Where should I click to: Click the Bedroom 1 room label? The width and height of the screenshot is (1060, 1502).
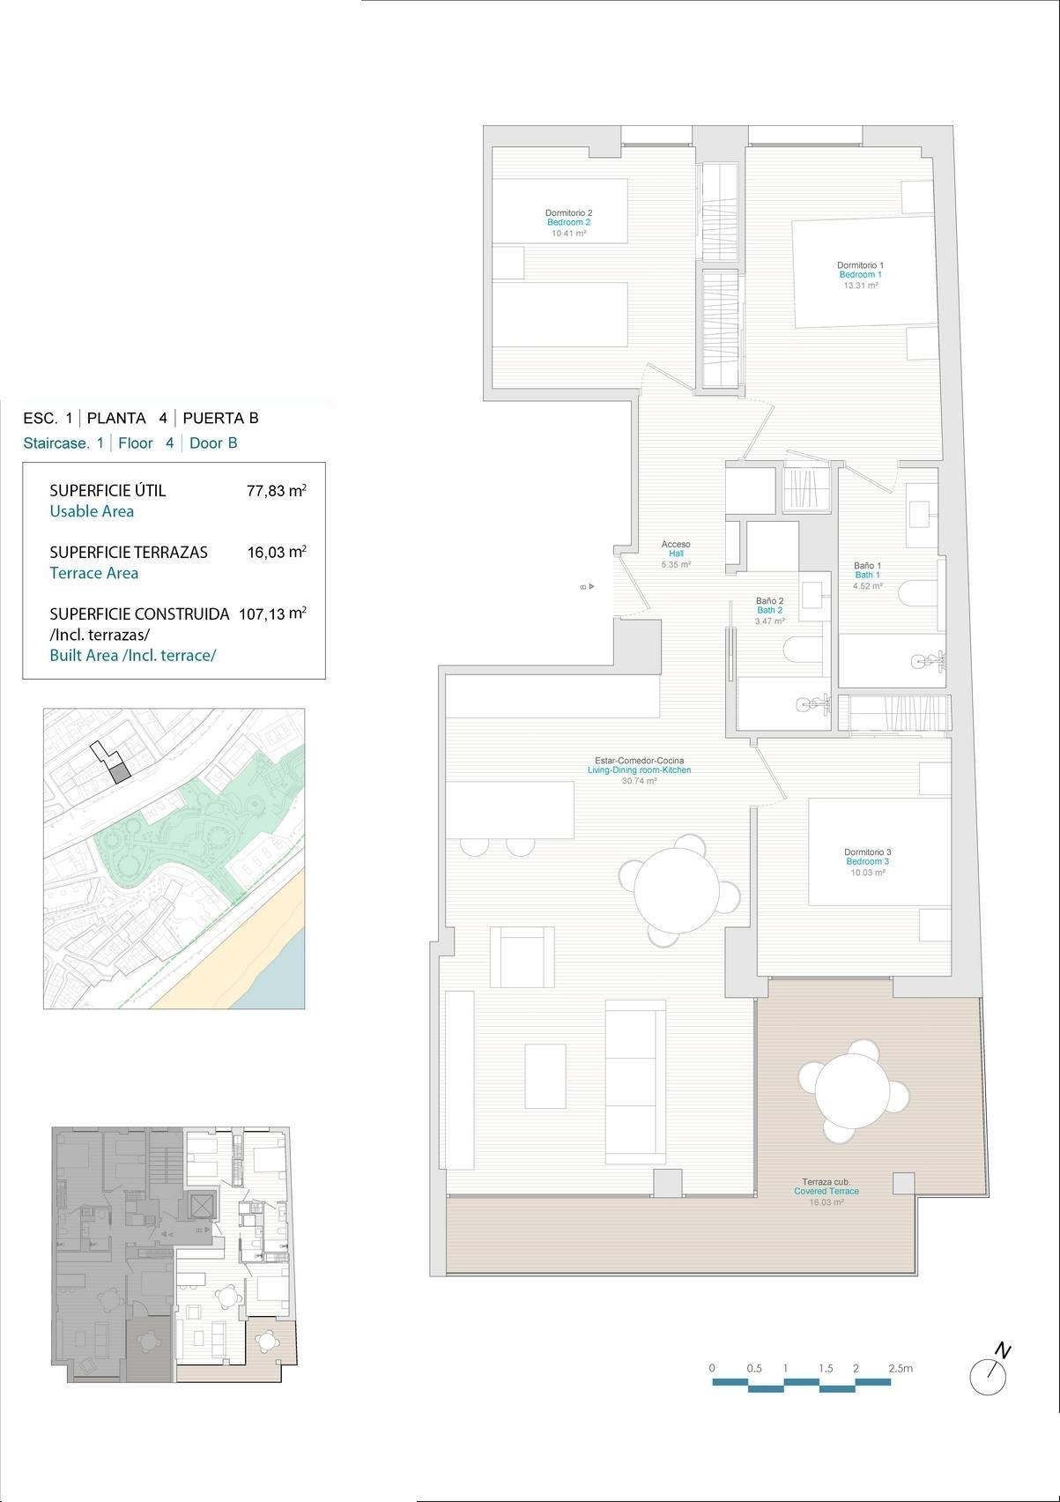click(x=860, y=274)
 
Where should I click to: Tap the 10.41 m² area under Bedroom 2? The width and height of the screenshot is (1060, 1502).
click(x=568, y=234)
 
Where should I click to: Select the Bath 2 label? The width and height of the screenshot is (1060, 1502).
click(x=768, y=610)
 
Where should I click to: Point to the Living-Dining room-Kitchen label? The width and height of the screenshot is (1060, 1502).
click(x=639, y=770)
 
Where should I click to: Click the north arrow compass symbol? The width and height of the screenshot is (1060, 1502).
click(x=989, y=1374)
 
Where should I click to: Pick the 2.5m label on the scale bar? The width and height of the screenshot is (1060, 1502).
click(x=900, y=1369)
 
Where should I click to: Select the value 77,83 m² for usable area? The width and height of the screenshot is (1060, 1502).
click(x=276, y=491)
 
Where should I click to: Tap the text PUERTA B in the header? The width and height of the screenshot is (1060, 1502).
click(x=220, y=419)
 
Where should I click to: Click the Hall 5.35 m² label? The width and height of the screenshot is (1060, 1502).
click(x=676, y=559)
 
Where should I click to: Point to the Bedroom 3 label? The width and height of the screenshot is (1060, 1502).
click(x=867, y=861)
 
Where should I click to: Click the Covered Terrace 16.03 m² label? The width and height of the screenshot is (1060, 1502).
click(x=826, y=1192)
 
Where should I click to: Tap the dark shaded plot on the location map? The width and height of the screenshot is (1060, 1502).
click(x=119, y=773)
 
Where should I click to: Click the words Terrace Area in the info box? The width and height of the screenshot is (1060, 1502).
click(x=93, y=573)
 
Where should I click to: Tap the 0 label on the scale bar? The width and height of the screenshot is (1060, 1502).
click(x=712, y=1369)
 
